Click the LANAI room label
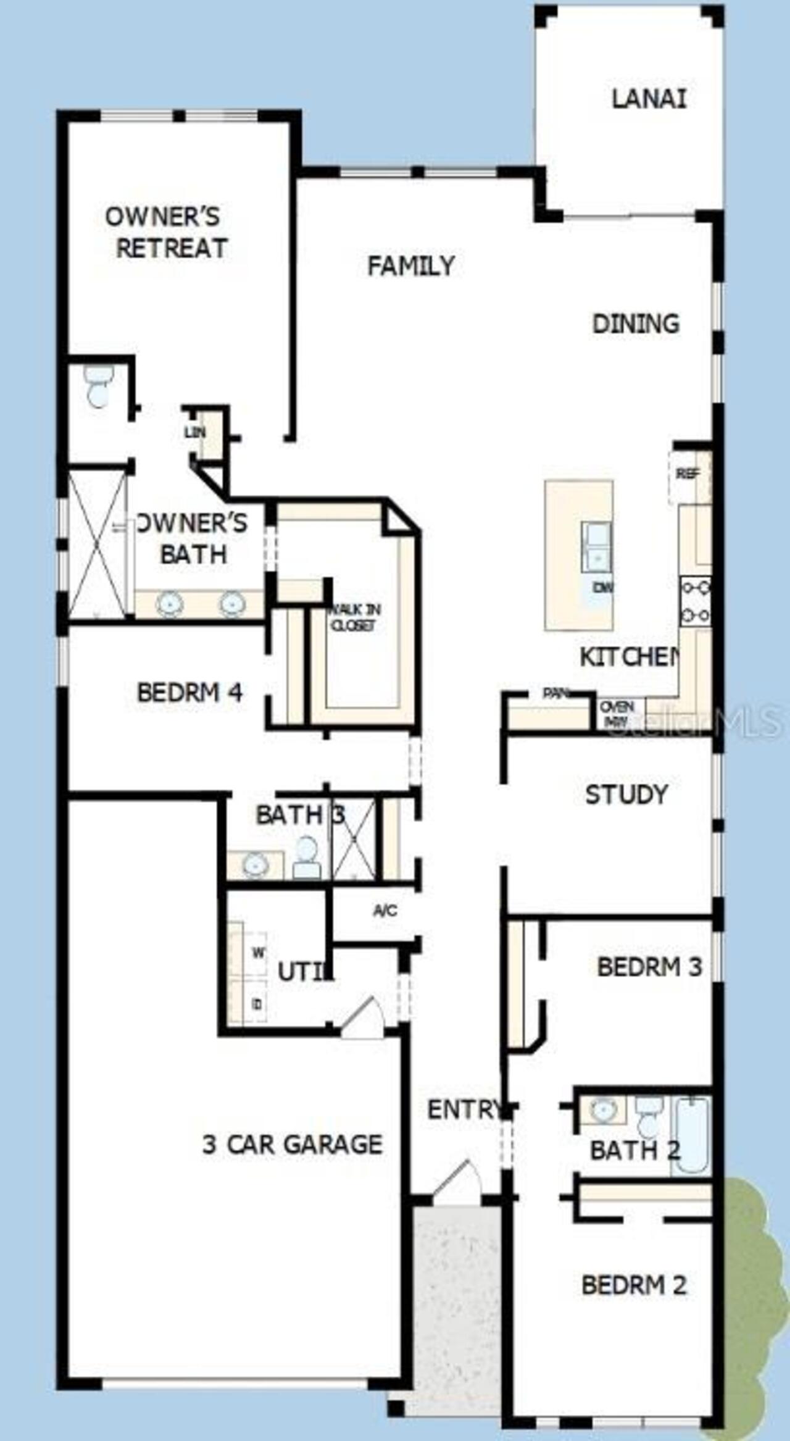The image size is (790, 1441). pos(649,99)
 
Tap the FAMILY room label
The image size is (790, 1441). pos(411,266)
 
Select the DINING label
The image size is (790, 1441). pos(636,324)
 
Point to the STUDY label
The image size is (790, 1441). pos(626,795)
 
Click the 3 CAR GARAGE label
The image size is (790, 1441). pos(292,1144)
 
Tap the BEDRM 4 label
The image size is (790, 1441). pos(189,692)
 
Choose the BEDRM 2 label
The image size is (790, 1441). pos(634,1285)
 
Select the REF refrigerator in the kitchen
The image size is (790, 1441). pos(688,474)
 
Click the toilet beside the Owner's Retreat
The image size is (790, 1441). pos(99,385)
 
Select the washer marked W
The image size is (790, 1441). pos(257,953)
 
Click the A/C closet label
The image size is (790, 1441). pos(385,910)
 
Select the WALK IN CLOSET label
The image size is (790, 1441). pos(354,617)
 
